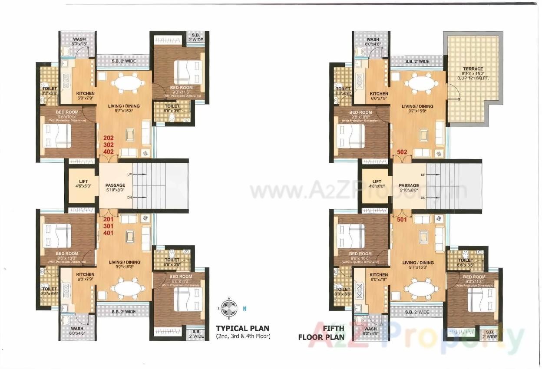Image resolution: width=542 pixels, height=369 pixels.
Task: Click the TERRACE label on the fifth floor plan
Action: (473, 69)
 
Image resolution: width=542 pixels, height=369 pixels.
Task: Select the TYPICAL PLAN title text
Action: (243, 328)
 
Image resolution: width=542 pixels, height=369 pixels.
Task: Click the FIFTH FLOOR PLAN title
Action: (321, 333)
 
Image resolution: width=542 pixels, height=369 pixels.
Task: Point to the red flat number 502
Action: (402, 152)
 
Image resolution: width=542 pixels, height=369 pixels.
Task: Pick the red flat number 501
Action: (402, 220)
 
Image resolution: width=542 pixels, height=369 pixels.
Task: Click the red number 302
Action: (108, 145)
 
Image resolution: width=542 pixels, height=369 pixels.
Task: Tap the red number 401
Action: (108, 233)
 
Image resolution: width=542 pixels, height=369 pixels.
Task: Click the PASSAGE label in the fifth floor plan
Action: (409, 185)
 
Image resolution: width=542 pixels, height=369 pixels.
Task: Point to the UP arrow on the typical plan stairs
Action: (140, 174)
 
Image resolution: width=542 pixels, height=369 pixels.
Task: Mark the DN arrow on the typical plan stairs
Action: (140, 197)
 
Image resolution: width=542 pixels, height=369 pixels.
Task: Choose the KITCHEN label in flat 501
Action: (379, 275)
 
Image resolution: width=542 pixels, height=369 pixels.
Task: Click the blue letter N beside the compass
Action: (245, 309)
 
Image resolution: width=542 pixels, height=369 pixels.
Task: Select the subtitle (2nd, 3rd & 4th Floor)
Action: (243, 336)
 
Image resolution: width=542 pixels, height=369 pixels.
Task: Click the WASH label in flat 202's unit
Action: (79, 40)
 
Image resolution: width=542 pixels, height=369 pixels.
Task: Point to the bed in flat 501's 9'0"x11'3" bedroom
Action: (481, 300)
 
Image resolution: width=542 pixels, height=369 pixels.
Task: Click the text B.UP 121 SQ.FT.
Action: (473, 79)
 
